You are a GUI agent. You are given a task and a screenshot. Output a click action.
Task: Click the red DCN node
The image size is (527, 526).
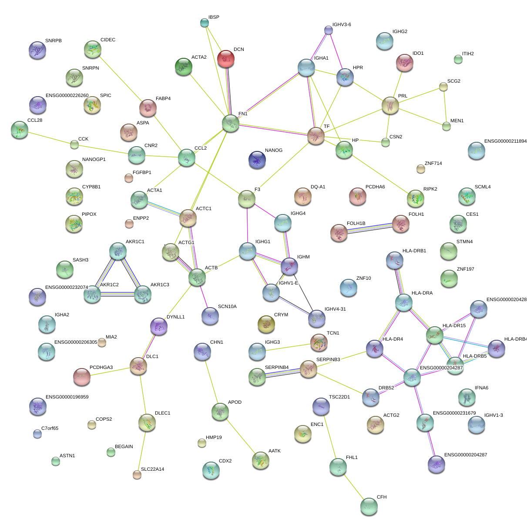coord(225,59)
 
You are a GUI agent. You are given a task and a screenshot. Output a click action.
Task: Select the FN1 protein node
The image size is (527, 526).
coord(230,123)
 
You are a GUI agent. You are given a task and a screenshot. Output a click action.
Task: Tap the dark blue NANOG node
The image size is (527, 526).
coord(257,160)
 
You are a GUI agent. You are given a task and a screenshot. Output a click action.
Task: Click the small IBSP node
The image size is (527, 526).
coord(204,22)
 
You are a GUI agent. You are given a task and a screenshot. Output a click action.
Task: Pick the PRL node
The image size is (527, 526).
coord(390,105)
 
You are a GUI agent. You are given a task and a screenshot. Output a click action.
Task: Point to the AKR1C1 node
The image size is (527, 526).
coord(117,251)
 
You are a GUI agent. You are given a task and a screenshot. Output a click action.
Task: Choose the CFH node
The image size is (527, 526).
coord(369,506)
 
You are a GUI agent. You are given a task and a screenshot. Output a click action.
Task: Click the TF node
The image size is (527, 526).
coord(316,136)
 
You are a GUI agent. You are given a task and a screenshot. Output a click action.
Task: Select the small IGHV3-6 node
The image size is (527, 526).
coord(329,30)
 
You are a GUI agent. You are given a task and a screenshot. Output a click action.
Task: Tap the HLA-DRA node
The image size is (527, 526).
coord(403,302)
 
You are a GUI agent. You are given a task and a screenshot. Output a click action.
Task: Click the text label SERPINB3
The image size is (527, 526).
coord(328,359)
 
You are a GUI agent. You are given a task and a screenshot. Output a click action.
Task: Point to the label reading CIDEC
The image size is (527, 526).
coord(108,40)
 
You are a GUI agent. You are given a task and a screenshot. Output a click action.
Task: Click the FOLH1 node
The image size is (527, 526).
coord(400,224)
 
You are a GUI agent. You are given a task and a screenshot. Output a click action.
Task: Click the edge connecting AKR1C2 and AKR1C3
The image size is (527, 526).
coord(117,295)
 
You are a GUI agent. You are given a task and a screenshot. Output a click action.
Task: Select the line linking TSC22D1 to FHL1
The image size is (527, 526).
coord(329,436)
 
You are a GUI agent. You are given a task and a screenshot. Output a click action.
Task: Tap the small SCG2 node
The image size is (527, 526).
coord(443,87)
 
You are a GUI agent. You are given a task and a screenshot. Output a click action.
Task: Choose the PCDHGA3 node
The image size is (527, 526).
coord(81,377)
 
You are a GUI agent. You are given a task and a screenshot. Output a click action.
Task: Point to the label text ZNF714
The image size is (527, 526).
coord(433,164)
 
